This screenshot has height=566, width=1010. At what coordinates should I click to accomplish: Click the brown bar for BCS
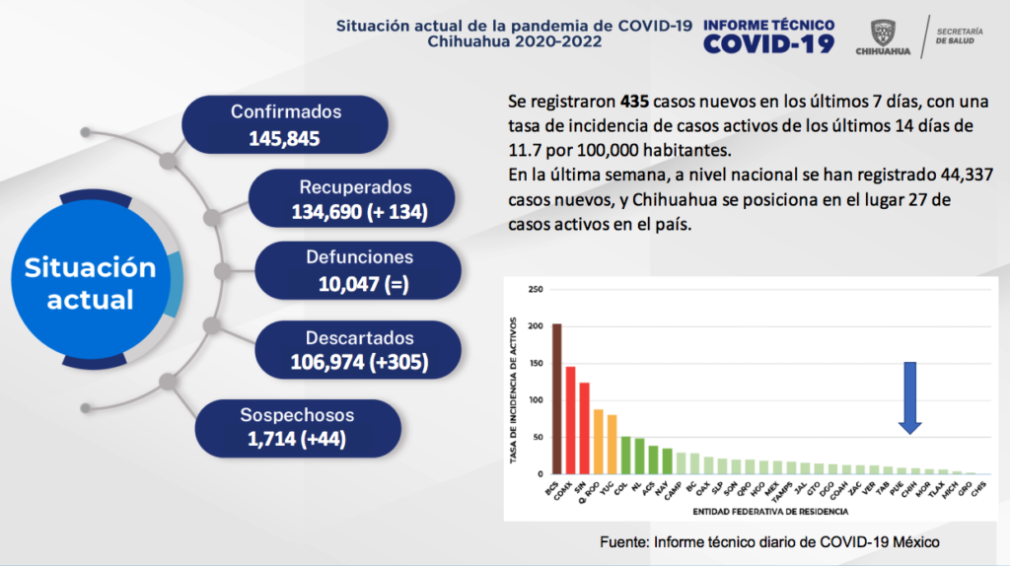(x=557, y=398)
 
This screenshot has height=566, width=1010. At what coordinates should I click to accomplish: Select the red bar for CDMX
(x=570, y=420)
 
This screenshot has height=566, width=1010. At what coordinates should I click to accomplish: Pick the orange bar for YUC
(x=612, y=444)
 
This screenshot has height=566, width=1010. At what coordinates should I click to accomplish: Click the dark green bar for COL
(x=625, y=455)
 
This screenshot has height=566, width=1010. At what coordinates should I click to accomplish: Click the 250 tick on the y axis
(x=535, y=290)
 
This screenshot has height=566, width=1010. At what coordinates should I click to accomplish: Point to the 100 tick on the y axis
(x=535, y=400)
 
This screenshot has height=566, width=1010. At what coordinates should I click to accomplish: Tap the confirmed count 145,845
(x=285, y=138)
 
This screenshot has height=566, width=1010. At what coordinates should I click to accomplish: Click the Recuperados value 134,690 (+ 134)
(x=359, y=211)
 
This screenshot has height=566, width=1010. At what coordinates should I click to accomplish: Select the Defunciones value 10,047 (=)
(x=358, y=285)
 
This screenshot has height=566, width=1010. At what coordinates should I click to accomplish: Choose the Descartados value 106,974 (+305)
(x=359, y=362)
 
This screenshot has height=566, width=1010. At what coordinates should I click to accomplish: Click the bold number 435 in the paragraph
(x=635, y=102)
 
